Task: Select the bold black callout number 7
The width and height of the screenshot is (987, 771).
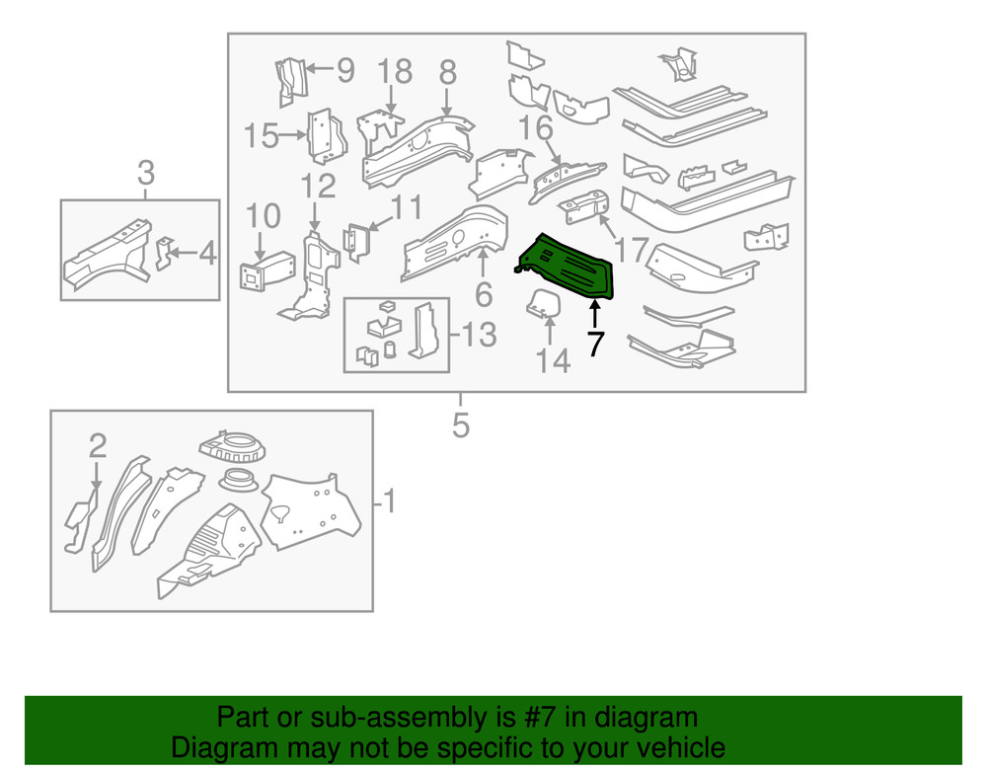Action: [594, 345]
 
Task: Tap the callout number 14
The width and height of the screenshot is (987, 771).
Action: [554, 362]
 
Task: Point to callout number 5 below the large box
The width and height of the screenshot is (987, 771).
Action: [460, 425]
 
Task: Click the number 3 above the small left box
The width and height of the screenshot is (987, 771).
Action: [145, 174]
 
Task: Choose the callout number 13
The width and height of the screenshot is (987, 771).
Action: [479, 336]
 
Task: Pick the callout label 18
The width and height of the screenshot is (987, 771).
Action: [394, 72]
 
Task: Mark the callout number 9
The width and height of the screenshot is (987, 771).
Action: [344, 70]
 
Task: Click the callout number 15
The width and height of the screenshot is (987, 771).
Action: [262, 135]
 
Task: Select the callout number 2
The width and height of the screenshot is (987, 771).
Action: [97, 446]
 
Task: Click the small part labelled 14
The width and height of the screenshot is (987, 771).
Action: [541, 305]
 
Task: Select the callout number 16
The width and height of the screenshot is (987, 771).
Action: [536, 128]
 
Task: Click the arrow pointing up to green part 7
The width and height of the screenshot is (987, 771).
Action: [594, 317]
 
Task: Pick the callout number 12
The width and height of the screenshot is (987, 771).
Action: [319, 186]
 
